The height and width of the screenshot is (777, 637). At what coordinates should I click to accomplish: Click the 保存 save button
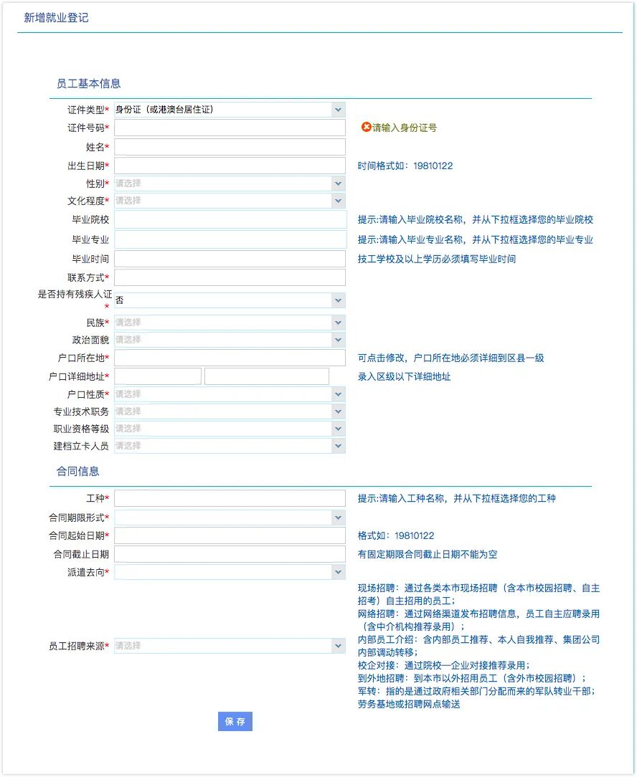[235, 721]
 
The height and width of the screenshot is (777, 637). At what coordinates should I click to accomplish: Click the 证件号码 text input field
[230, 128]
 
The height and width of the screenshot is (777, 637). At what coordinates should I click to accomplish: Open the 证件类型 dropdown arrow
[338, 110]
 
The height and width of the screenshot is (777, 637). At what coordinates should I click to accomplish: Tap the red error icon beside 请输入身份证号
[366, 128]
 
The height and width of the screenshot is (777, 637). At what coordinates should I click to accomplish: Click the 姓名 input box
[230, 147]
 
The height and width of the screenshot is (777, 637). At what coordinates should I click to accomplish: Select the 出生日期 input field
[230, 166]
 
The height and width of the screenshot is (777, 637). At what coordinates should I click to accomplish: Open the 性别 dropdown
[230, 183]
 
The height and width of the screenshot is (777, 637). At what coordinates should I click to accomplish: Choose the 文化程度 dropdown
[230, 201]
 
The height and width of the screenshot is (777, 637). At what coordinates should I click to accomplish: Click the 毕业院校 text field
[230, 219]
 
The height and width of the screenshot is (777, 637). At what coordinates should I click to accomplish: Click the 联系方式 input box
[230, 277]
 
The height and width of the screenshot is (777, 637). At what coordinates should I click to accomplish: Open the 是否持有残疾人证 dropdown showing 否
[230, 300]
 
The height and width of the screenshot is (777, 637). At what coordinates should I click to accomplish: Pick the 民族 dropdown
[230, 323]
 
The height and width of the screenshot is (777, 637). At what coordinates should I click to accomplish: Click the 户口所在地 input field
[230, 358]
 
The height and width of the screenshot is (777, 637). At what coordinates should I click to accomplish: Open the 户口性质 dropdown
[230, 394]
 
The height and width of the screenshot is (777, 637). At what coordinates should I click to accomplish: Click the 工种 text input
[230, 498]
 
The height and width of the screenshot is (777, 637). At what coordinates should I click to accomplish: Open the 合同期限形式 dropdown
[230, 518]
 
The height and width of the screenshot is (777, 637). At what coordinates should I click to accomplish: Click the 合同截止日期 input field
[230, 554]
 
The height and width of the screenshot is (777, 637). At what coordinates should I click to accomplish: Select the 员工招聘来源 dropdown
[230, 646]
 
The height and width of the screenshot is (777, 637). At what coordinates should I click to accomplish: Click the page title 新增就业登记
[56, 18]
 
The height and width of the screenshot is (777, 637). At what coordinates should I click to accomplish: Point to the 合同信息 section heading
[77, 472]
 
